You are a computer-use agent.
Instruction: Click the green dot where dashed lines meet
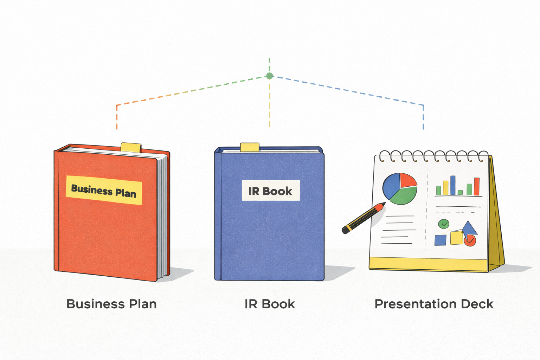tap(269, 76)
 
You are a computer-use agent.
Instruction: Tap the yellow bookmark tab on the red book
tap(131, 147)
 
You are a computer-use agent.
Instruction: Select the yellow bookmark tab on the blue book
tap(250, 147)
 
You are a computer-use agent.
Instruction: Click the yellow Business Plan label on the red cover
tap(104, 190)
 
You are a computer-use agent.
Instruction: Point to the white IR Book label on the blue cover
tap(270, 191)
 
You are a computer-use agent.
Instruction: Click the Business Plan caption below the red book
tap(111, 304)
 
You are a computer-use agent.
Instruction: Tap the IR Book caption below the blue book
tap(270, 304)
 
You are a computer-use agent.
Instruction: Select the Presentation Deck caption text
tap(434, 304)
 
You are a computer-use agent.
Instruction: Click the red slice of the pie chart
tap(407, 180)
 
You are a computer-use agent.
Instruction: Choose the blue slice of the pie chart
tap(391, 186)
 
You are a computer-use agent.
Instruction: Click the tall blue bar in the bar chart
tap(453, 185)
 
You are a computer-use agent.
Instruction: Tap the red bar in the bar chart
tap(477, 186)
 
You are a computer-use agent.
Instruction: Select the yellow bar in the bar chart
tap(446, 188)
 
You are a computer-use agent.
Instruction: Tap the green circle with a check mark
tap(444, 224)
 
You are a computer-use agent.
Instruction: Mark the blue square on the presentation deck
tap(440, 240)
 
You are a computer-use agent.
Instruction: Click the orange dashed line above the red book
tap(117, 116)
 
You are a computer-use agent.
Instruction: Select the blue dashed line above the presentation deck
tap(423, 116)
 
